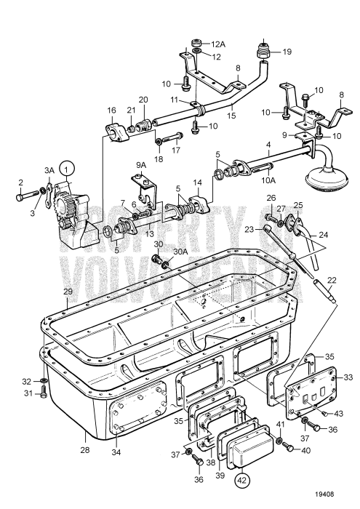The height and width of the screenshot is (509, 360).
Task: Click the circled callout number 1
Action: coord(66,169)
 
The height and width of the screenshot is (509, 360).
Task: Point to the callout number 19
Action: coord(287,52)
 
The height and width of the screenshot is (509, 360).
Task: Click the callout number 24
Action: coord(322,236)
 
